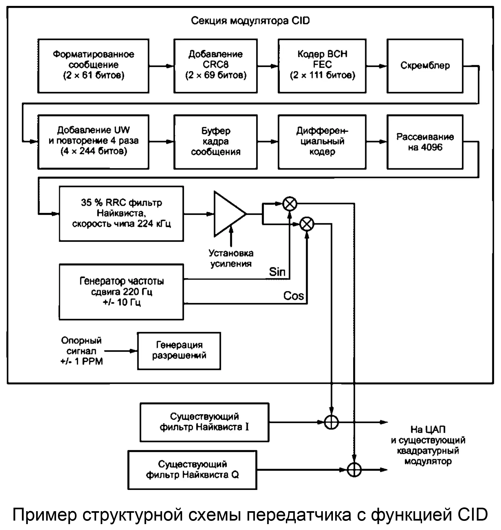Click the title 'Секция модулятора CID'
250,21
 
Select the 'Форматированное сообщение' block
93,66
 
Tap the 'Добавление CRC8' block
215,66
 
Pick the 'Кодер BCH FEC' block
322,66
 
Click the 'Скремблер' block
425,66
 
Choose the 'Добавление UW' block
93,142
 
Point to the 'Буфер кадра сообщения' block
215,142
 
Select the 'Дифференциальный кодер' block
322,142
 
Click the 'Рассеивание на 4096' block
425,142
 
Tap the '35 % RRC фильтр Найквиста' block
121,214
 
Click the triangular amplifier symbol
227,214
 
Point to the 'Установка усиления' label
231,258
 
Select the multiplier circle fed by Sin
290,204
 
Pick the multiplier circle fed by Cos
307,224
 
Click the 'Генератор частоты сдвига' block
121,292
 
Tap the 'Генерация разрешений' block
179,351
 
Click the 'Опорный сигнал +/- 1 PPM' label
81,351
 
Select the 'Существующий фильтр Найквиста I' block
204,422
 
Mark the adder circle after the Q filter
354,470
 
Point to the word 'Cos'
293,296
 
